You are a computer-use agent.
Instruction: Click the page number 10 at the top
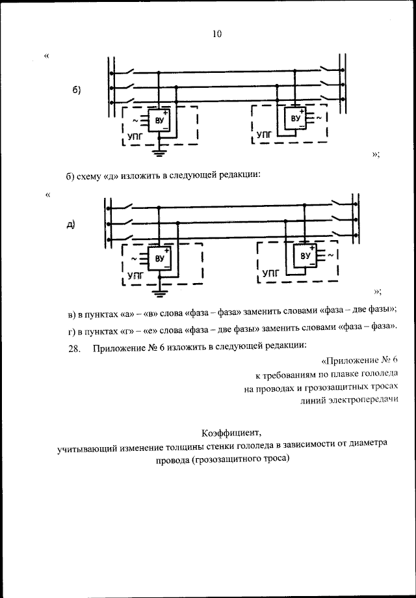(216, 34)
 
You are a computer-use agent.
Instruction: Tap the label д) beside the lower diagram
(71, 225)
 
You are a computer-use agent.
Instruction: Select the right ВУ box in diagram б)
(295, 118)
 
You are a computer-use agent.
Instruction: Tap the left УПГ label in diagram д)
(135, 276)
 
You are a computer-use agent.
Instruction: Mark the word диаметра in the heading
(365, 444)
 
